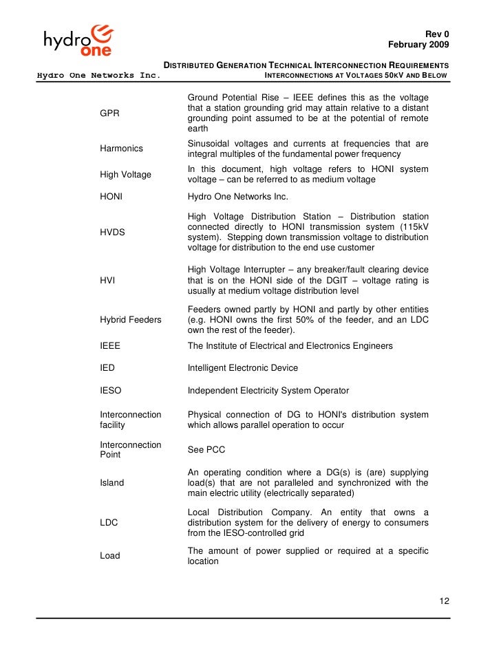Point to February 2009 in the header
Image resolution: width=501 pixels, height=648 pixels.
click(x=418, y=45)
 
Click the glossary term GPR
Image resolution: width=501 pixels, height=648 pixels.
click(x=110, y=114)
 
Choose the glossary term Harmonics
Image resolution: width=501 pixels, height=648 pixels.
click(x=121, y=149)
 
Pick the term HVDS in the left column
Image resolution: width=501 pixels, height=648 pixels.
click(x=113, y=233)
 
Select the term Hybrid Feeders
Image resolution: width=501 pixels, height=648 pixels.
click(x=131, y=320)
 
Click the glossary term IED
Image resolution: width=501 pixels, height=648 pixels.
click(x=108, y=368)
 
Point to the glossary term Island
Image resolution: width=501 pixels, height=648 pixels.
click(x=112, y=483)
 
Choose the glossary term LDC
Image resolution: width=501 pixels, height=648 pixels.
click(x=109, y=523)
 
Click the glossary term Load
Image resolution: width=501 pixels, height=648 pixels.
click(x=110, y=556)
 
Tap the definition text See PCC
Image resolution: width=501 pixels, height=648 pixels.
click(x=206, y=450)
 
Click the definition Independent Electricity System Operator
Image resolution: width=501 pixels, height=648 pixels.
click(x=268, y=391)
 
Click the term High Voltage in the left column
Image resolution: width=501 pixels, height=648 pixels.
click(x=125, y=175)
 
